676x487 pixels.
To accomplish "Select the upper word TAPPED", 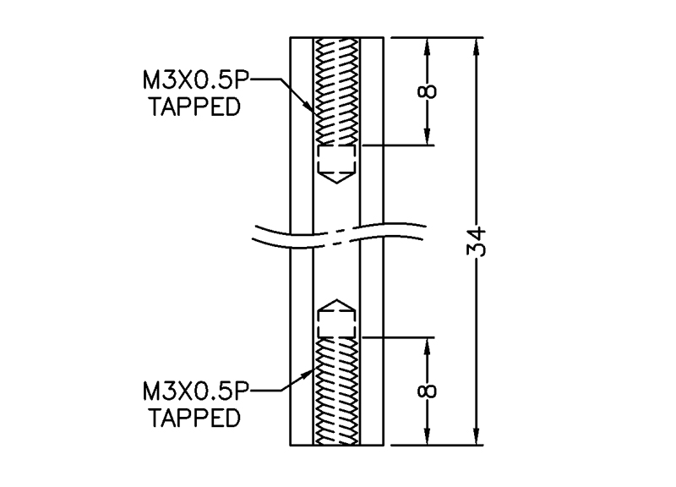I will click(x=192, y=107).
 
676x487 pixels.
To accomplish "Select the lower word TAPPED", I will click(x=192, y=417).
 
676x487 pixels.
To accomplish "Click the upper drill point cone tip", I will click(x=337, y=184).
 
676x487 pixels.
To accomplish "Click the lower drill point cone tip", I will click(x=337, y=298).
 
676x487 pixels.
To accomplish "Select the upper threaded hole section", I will click(x=337, y=91).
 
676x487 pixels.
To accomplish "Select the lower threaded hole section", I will click(x=337, y=391).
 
